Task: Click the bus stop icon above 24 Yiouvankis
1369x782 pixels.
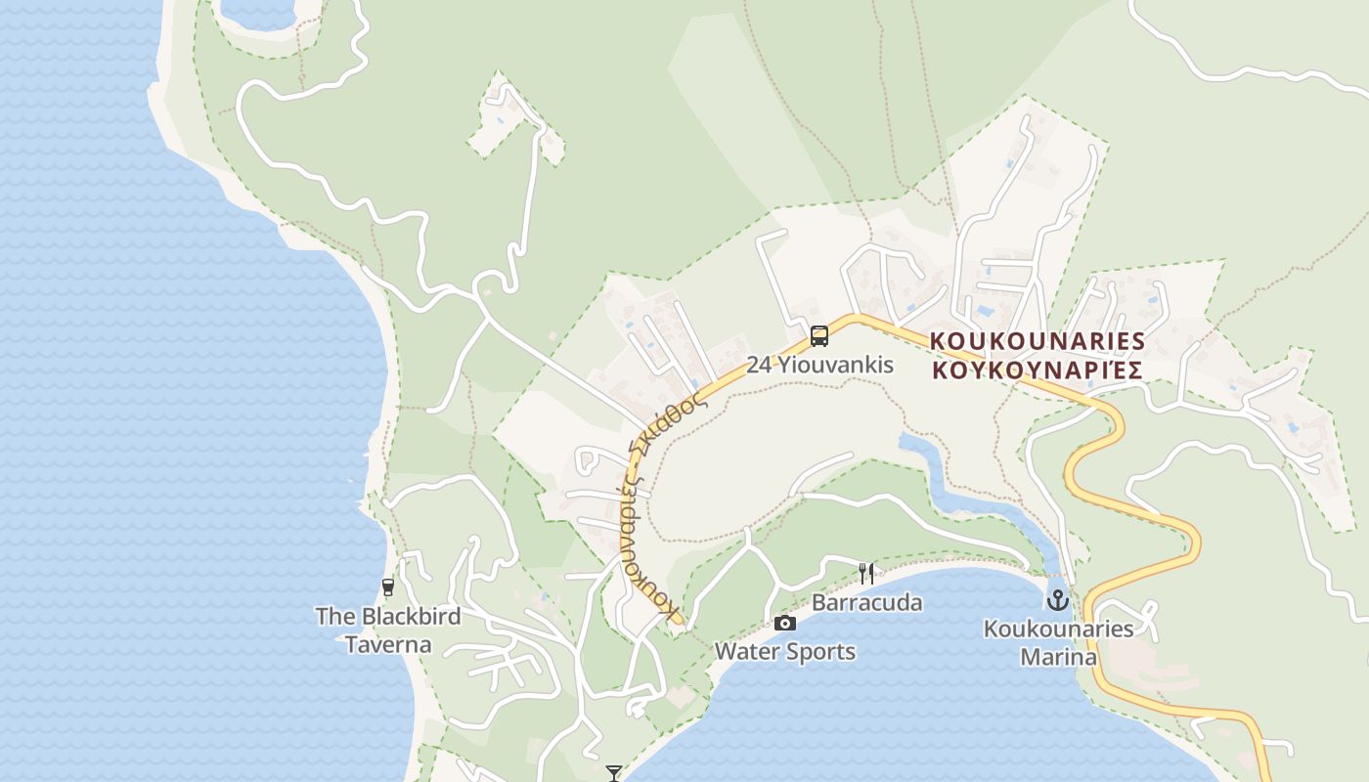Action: click(819, 336)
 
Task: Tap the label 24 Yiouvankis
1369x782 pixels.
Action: click(819, 366)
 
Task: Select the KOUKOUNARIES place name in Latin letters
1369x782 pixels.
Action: click(1037, 341)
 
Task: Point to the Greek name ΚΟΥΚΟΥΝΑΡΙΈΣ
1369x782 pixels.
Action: click(1037, 369)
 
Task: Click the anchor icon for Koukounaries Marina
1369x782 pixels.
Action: click(1057, 599)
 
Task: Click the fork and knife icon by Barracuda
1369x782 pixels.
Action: click(865, 573)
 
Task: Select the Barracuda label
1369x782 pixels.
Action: click(866, 602)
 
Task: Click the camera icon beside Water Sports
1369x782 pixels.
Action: click(784, 623)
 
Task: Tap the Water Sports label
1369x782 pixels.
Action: click(785, 651)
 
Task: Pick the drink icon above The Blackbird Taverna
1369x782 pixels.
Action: click(388, 587)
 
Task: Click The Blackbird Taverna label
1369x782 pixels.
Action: click(388, 630)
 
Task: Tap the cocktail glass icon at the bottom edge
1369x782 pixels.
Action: click(614, 773)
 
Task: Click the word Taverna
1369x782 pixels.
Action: click(388, 645)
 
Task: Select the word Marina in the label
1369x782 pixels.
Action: click(1058, 657)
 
